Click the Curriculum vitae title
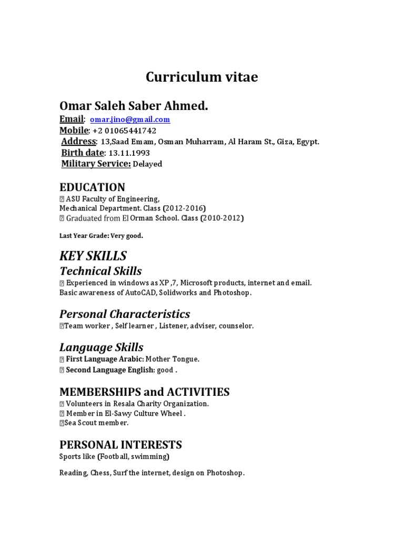click(x=202, y=77)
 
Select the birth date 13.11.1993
click(x=129, y=153)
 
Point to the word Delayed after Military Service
click(x=147, y=164)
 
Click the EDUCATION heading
click(x=92, y=187)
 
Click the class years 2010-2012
click(x=222, y=218)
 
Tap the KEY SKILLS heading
click(x=93, y=256)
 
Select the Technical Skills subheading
click(x=100, y=272)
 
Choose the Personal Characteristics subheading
click(x=125, y=314)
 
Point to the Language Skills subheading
click(x=101, y=347)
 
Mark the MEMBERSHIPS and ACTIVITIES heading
click(x=144, y=392)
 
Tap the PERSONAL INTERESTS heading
click(x=120, y=444)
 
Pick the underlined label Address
click(x=79, y=142)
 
